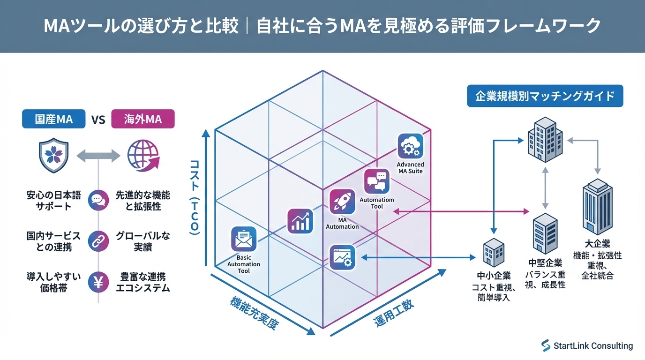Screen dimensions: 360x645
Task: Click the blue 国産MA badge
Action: click(x=54, y=119)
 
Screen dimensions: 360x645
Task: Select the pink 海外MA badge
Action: click(x=143, y=119)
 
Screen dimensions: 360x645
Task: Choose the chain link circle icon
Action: click(x=98, y=241)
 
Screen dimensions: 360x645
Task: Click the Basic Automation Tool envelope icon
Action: click(x=244, y=240)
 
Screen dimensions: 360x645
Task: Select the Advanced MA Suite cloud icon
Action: click(x=410, y=146)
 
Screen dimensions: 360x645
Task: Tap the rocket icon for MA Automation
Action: click(x=342, y=202)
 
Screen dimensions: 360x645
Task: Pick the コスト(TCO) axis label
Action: click(x=195, y=197)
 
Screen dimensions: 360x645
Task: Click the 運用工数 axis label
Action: click(x=394, y=313)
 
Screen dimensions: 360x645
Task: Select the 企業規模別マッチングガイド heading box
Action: click(x=545, y=96)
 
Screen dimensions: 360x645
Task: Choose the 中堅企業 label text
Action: click(x=545, y=262)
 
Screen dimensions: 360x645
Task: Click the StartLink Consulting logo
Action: click(x=587, y=346)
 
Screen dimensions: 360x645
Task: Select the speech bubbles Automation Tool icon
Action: click(x=377, y=181)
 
